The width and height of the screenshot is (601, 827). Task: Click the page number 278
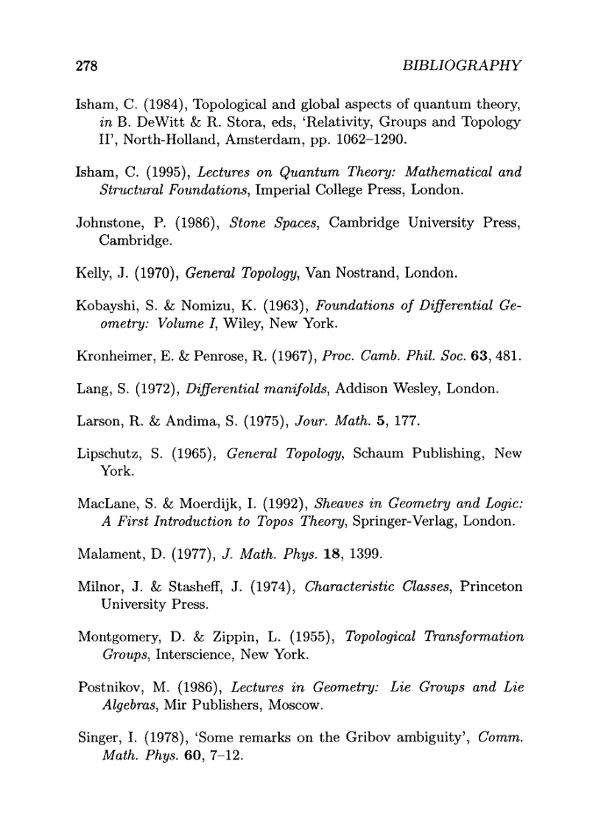tap(88, 66)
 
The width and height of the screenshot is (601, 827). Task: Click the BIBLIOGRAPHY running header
tap(463, 66)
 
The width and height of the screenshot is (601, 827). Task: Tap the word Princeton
tap(491, 587)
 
